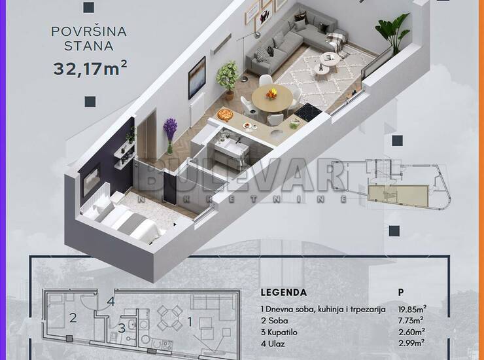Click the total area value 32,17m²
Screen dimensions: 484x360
pyautogui.click(x=90, y=68)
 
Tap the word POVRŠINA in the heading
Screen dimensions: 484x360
pyautogui.click(x=89, y=31)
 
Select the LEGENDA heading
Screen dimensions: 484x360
pyautogui.click(x=284, y=293)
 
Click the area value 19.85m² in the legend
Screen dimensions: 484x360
pyautogui.click(x=413, y=309)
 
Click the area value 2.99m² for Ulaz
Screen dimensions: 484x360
pyautogui.click(x=411, y=344)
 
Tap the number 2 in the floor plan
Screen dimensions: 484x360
pyautogui.click(x=73, y=317)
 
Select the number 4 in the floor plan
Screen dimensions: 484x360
pyautogui.click(x=111, y=301)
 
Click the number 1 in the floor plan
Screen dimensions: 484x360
pyautogui.click(x=190, y=322)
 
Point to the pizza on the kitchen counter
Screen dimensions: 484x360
pyautogui.click(x=225, y=115)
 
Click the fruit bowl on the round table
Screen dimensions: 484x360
pyautogui.click(x=272, y=93)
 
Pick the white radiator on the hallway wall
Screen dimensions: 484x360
pyautogui.click(x=197, y=109)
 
